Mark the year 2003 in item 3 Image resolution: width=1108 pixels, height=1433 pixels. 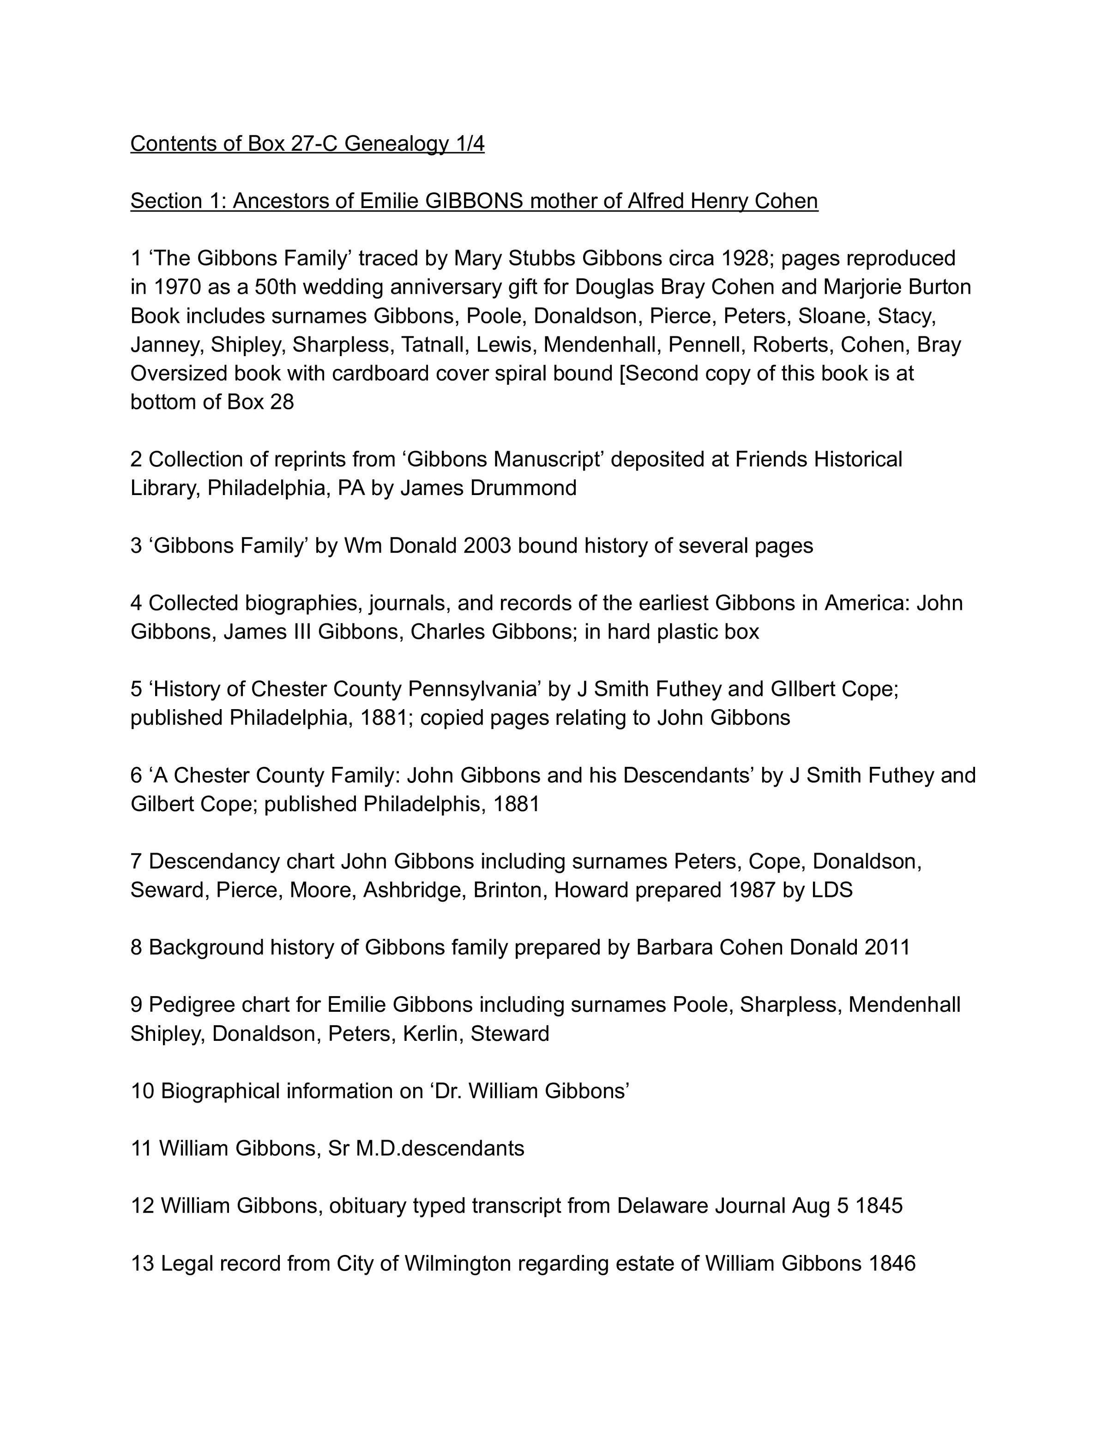[x=487, y=546]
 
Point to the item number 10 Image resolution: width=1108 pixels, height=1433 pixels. [x=143, y=1091]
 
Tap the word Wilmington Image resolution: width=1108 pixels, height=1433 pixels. [x=458, y=1264]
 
